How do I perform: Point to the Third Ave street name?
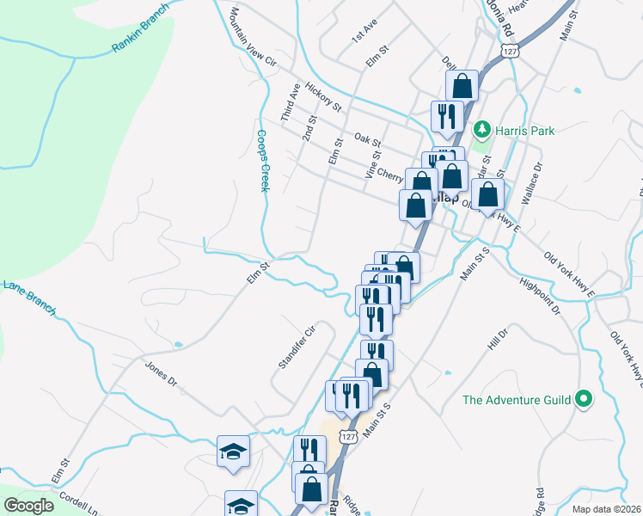(x=290, y=101)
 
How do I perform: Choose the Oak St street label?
(x=367, y=139)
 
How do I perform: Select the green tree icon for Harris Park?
(x=482, y=130)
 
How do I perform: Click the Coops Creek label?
(x=262, y=160)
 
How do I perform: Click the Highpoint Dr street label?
(x=539, y=295)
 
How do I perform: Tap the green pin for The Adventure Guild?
(x=585, y=398)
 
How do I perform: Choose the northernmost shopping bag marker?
(x=462, y=85)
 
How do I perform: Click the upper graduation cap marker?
(x=233, y=451)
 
